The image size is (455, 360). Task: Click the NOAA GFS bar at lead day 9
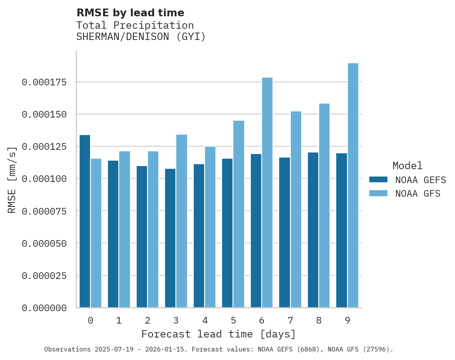[353, 185]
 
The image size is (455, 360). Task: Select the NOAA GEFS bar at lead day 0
[85, 221]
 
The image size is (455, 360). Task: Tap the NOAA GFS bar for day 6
[267, 192]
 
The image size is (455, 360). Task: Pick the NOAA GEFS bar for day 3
[170, 238]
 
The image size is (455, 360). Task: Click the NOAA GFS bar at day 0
[96, 233]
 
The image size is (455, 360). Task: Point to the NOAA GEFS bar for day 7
[285, 232]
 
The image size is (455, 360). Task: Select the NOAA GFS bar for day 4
[210, 227]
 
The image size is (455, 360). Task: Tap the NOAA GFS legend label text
[418, 194]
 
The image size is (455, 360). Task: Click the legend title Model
[407, 166]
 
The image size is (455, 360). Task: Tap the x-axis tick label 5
[233, 320]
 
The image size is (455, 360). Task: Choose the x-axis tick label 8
[319, 320]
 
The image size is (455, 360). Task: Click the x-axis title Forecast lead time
[218, 334]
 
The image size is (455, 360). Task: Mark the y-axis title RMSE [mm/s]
[12, 180]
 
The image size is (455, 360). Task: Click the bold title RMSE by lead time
[130, 13]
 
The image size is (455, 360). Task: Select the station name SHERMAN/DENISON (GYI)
[141, 37]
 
